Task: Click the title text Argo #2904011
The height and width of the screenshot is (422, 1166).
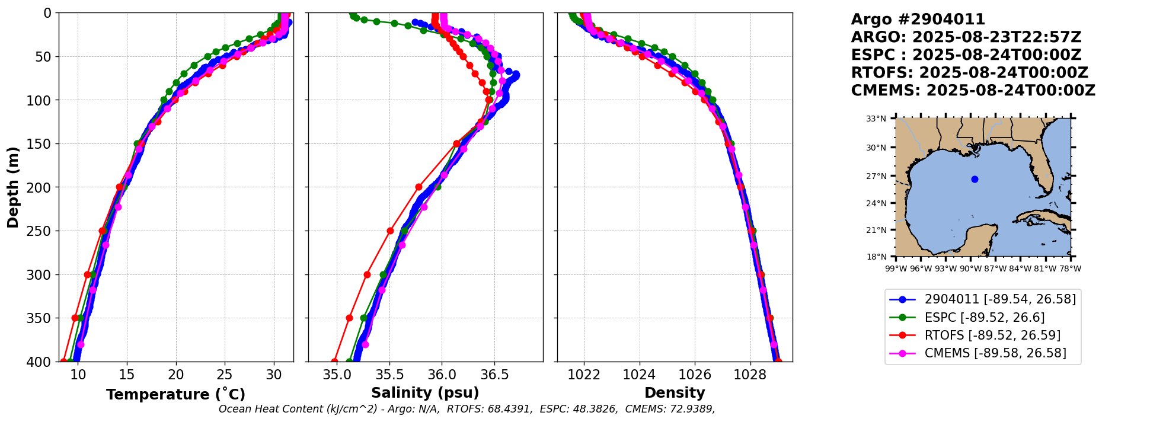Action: click(x=918, y=20)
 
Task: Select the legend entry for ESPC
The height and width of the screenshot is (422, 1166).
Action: click(x=984, y=317)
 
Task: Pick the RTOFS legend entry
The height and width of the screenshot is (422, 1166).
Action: click(x=992, y=335)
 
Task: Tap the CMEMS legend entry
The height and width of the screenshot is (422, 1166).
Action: click(x=995, y=353)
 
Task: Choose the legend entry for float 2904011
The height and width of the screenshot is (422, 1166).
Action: click(x=999, y=299)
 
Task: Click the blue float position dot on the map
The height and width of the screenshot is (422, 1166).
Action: click(x=975, y=179)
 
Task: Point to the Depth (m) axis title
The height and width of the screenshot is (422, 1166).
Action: click(x=13, y=187)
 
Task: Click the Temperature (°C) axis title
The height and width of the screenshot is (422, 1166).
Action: click(x=175, y=395)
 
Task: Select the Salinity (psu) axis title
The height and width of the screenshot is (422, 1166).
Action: click(x=425, y=393)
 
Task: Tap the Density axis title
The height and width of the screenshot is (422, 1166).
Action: click(x=675, y=393)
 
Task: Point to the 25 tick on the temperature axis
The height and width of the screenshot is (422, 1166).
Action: click(x=225, y=375)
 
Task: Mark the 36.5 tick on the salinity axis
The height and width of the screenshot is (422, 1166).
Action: click(x=494, y=375)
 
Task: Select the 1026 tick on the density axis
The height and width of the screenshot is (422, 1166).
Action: click(x=695, y=375)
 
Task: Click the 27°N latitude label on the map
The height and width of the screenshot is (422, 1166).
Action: click(x=876, y=176)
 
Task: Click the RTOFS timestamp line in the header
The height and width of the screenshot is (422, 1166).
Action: click(x=969, y=73)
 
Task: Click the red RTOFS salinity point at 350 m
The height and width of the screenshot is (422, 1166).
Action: click(x=349, y=318)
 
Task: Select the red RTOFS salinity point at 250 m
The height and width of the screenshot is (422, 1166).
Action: click(x=390, y=231)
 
